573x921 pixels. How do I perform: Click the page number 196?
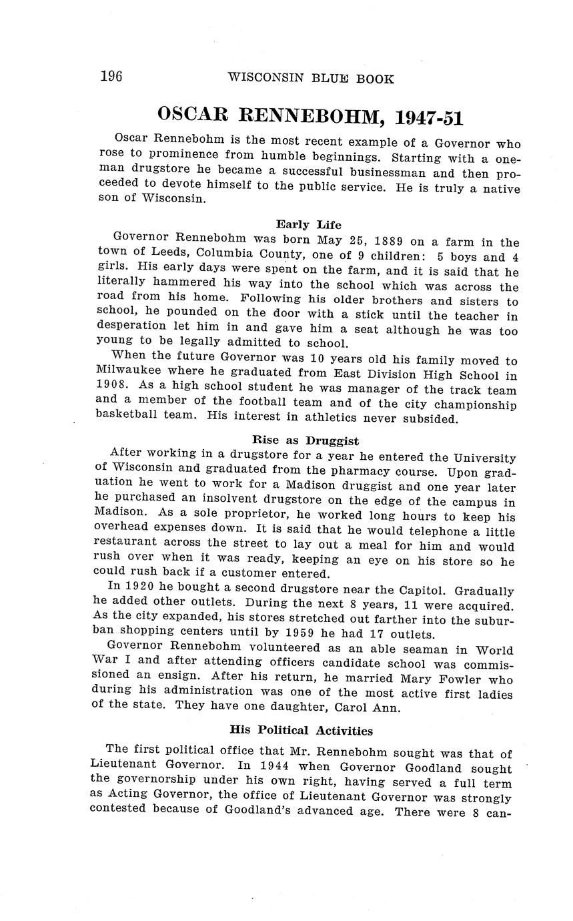click(x=111, y=77)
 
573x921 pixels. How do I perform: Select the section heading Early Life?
click(x=308, y=225)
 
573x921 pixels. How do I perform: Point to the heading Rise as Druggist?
click(x=306, y=440)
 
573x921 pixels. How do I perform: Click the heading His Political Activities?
click(x=301, y=730)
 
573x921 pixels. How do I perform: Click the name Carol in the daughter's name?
click(x=354, y=707)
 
